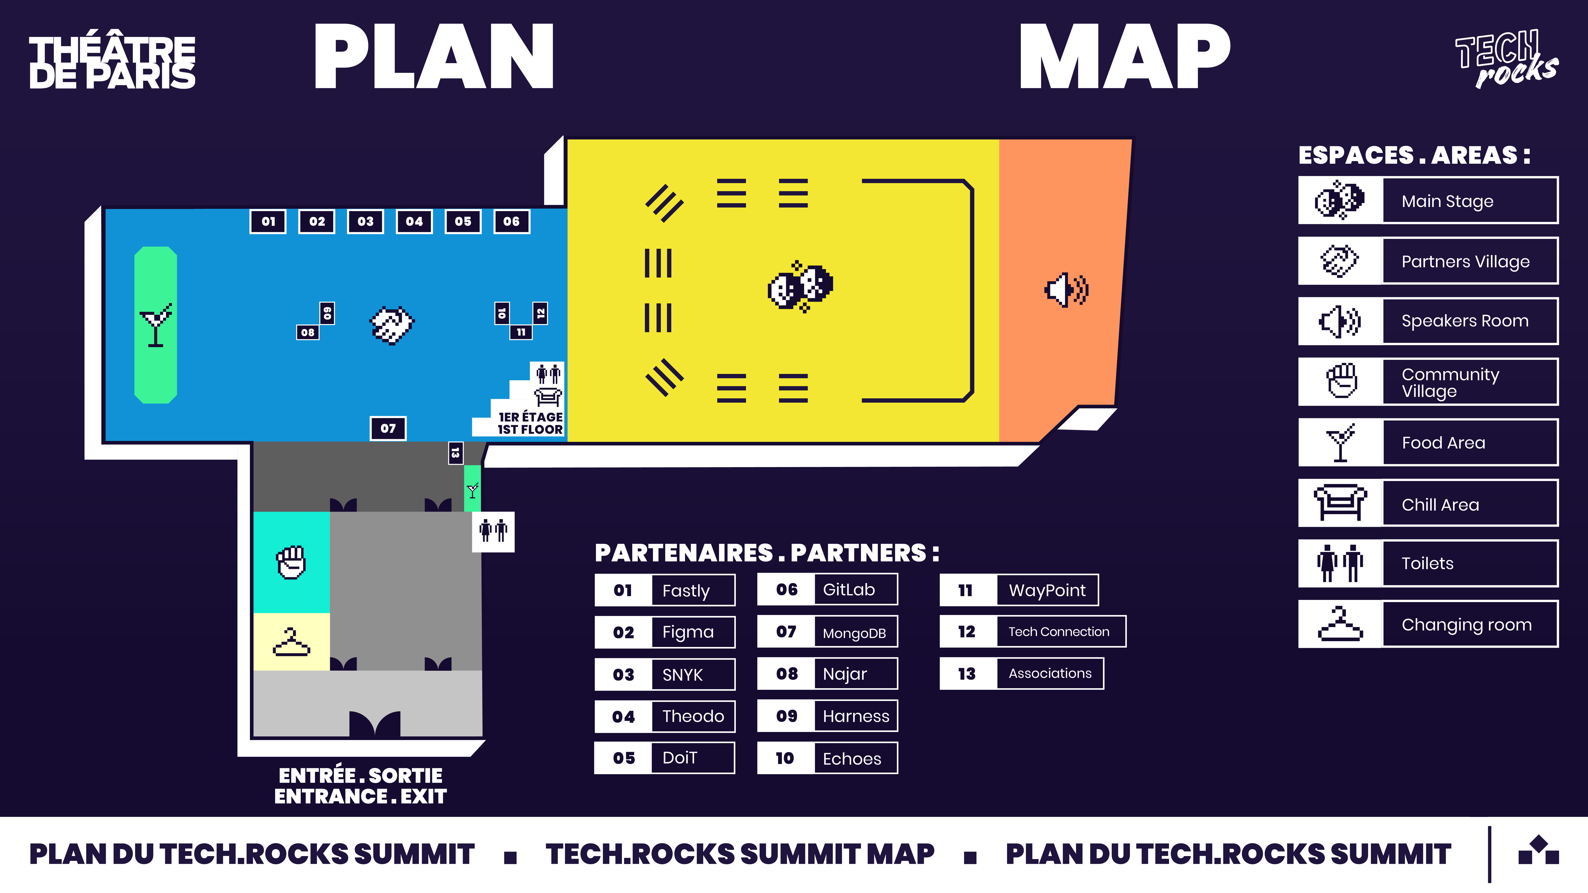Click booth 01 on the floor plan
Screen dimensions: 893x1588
[268, 221]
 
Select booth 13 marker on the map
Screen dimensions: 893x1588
[455, 453]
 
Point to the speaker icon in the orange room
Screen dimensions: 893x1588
[1067, 290]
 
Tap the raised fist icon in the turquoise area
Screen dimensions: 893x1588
[291, 562]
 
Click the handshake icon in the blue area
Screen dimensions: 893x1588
[392, 325]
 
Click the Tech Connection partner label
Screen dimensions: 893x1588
[1058, 632]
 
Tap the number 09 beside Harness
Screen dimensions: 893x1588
[787, 716]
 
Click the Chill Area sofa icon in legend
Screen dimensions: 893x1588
[1339, 503]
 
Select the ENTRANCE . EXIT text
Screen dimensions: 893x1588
[361, 796]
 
